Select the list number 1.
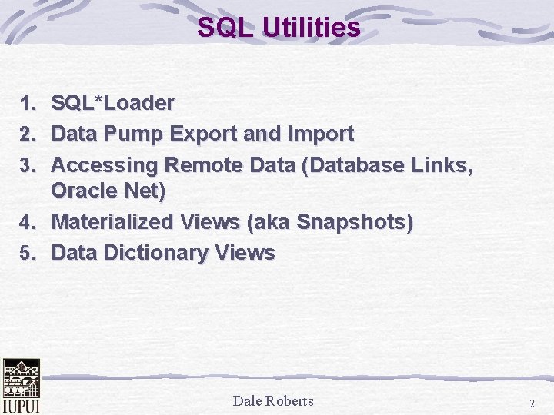pos(28,103)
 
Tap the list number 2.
pos(28,134)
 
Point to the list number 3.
pos(28,165)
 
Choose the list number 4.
pos(28,224)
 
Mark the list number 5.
pos(28,254)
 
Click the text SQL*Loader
pos(112,102)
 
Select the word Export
pos(205,134)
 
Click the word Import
pos(319,134)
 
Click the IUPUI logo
pos(21,386)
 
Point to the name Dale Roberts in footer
pos(273,400)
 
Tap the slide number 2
pos(532,403)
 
